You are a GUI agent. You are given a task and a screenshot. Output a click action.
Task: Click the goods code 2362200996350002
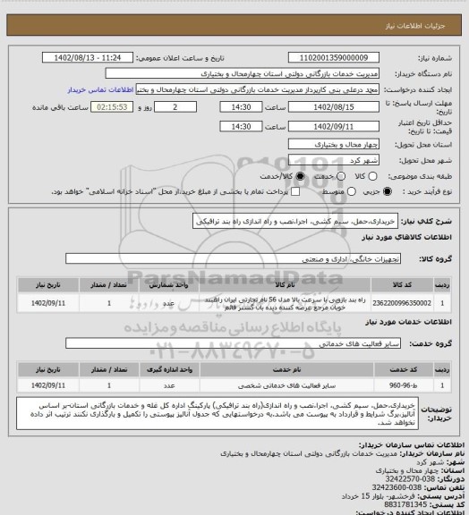pyautogui.click(x=399, y=304)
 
